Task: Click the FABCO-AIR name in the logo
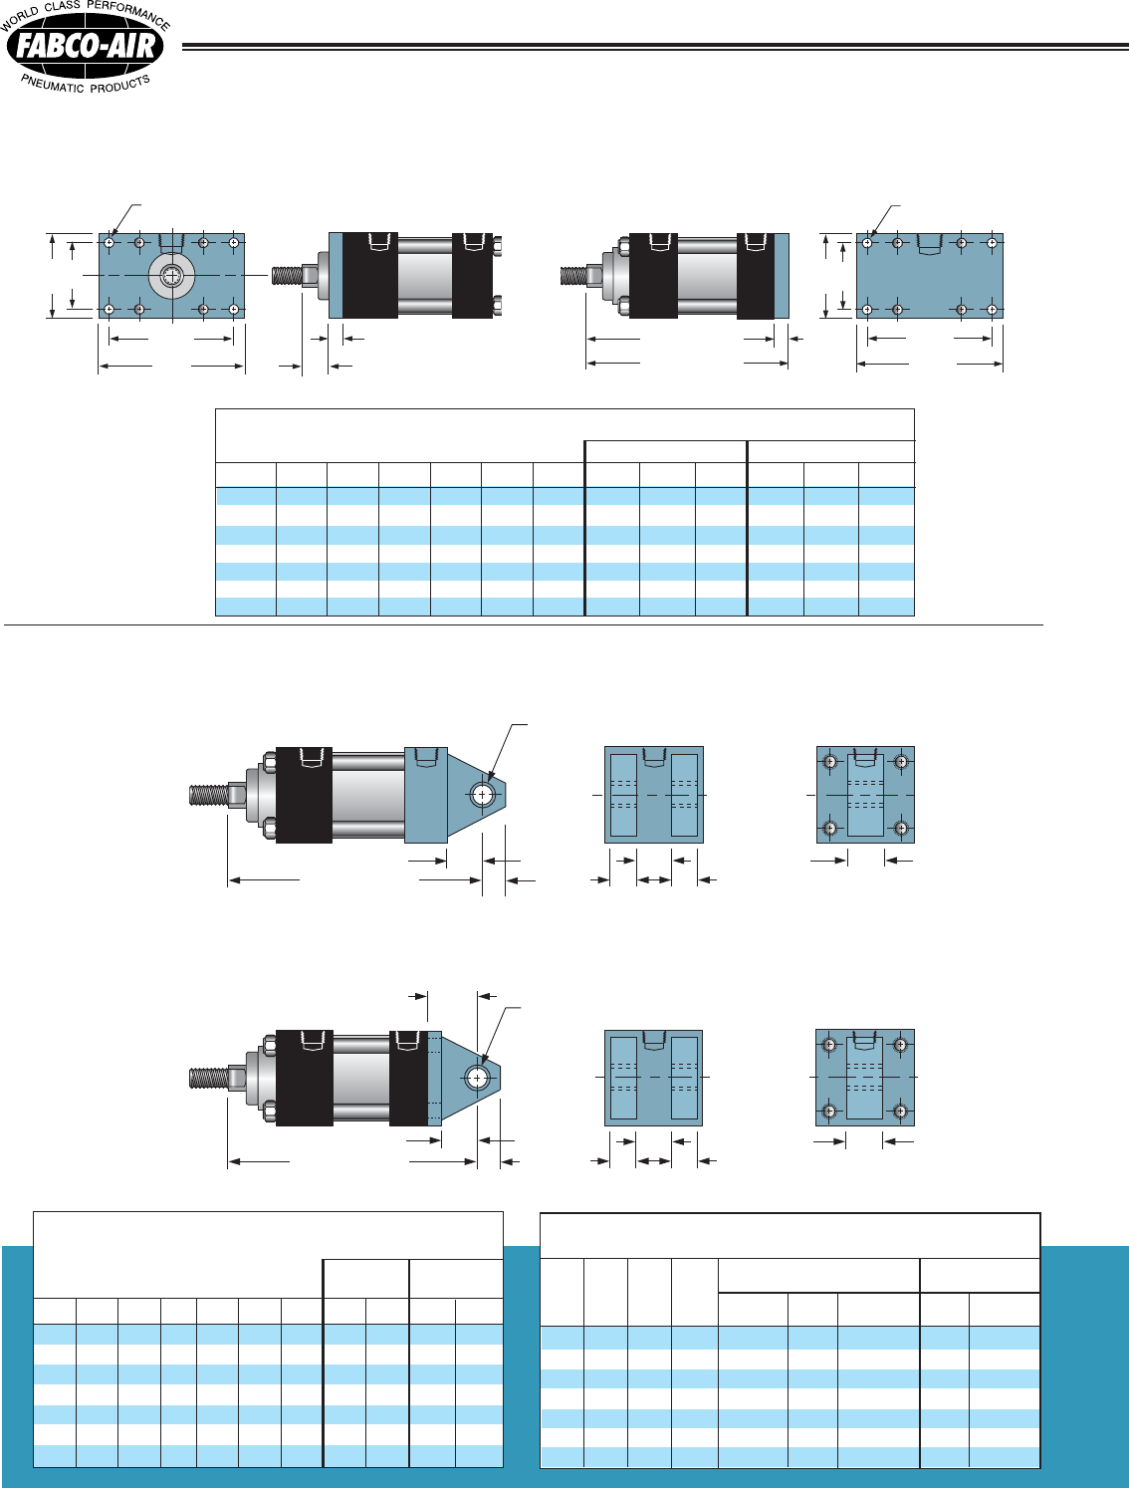(x=86, y=46)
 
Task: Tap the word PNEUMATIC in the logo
(x=53, y=84)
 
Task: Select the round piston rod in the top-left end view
(x=172, y=277)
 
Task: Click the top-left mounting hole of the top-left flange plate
(x=109, y=242)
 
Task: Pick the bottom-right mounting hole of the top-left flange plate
(x=234, y=310)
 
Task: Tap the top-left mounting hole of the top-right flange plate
(x=868, y=242)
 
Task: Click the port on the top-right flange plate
(x=930, y=243)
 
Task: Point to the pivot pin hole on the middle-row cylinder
(x=483, y=795)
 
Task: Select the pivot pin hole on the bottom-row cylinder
(x=478, y=1078)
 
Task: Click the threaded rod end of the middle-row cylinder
(x=208, y=795)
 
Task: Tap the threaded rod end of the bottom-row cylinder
(x=208, y=1078)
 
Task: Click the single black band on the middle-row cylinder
(x=304, y=795)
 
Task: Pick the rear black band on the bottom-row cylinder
(x=408, y=1078)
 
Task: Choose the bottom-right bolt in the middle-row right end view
(x=901, y=828)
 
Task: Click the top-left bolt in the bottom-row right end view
(x=828, y=1046)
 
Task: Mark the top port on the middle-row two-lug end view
(x=653, y=756)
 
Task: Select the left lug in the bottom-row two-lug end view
(x=623, y=1078)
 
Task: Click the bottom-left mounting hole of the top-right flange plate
(x=868, y=310)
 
